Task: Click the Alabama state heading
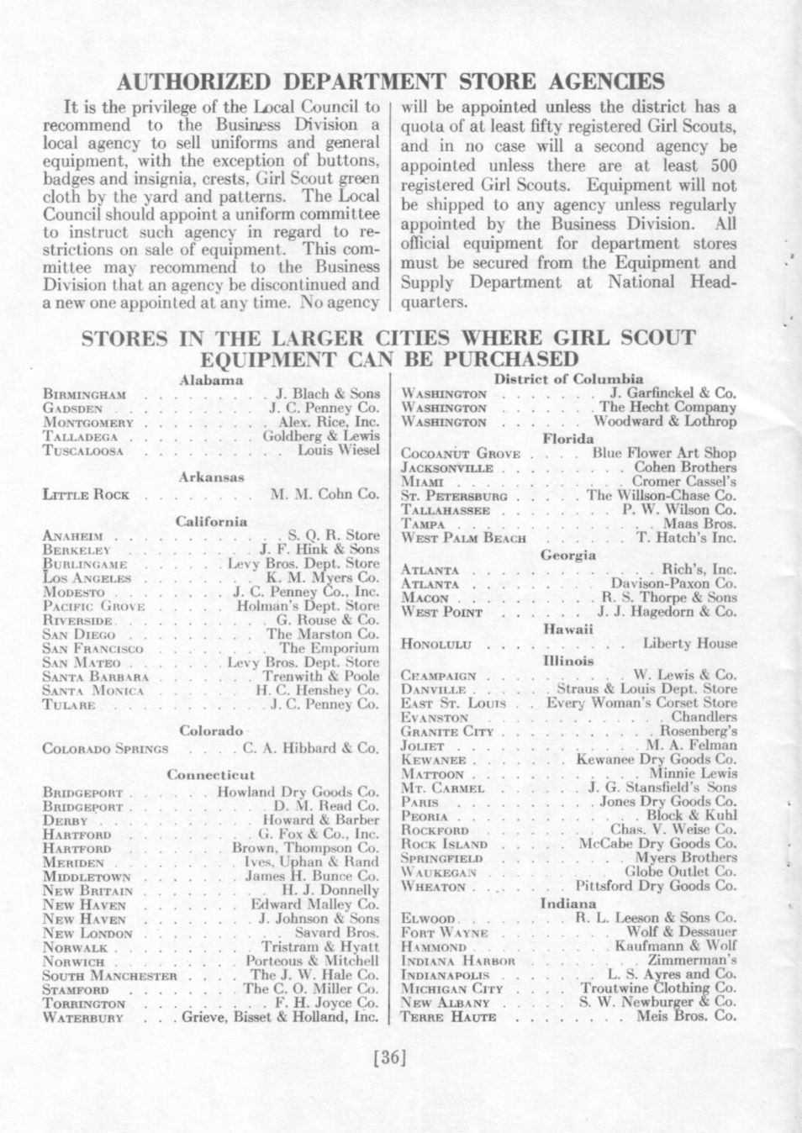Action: coord(211,380)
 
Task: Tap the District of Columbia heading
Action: coord(568,379)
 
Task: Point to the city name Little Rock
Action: coord(86,495)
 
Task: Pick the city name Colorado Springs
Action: coord(105,748)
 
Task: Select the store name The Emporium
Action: coord(329,648)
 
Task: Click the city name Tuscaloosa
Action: coord(83,451)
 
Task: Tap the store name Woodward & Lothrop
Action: coord(665,422)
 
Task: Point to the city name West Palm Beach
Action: coord(464,538)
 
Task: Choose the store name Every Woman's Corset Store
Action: coord(641,703)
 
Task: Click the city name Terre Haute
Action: coord(449,1017)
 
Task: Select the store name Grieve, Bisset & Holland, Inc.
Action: coord(281,1017)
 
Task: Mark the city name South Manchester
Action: coord(109,975)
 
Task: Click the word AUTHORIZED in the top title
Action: coord(194,82)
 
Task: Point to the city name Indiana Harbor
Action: coord(458,960)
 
